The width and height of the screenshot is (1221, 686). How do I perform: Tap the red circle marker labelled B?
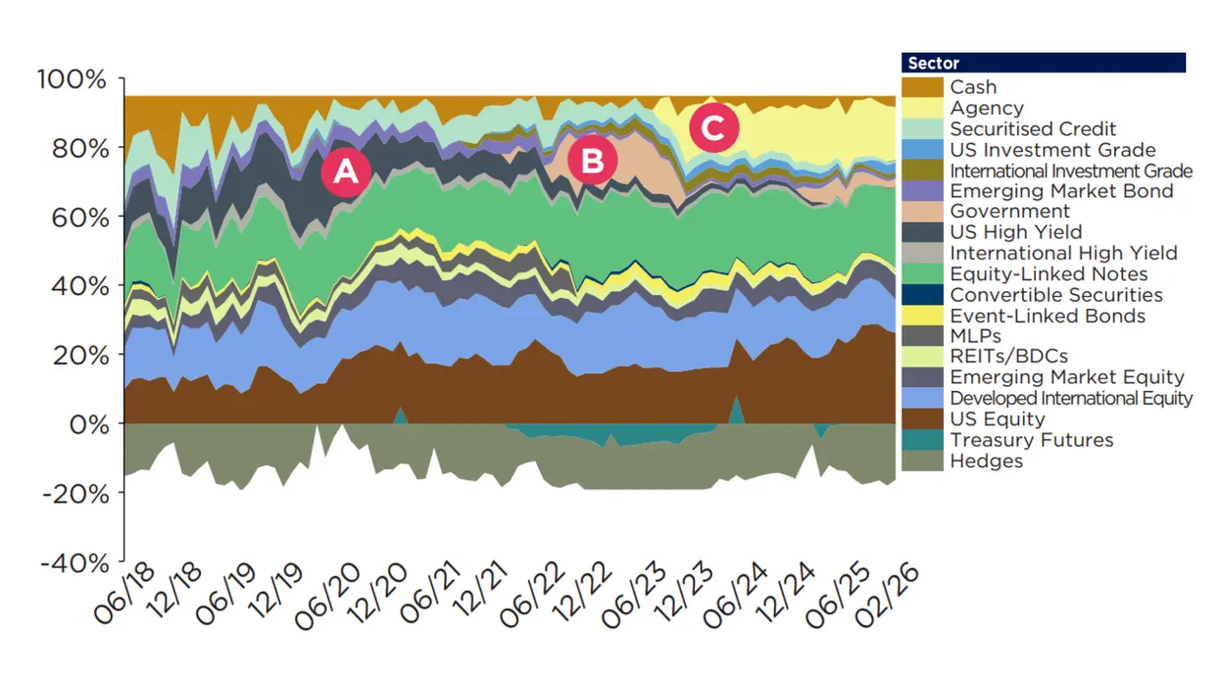[592, 161]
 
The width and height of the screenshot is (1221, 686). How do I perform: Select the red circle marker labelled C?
[713, 130]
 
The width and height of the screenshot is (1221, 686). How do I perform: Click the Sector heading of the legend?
[934, 64]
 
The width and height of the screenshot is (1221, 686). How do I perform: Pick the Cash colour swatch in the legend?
[921, 87]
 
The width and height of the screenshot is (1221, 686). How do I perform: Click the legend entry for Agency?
[986, 108]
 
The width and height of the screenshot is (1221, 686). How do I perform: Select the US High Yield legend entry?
[1015, 232]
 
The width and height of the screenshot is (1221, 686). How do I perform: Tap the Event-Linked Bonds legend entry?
[1047, 315]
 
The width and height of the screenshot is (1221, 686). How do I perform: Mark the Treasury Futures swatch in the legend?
[921, 440]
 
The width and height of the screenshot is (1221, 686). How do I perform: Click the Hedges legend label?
[986, 460]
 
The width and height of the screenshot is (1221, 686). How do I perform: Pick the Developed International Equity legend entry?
[1071, 398]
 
